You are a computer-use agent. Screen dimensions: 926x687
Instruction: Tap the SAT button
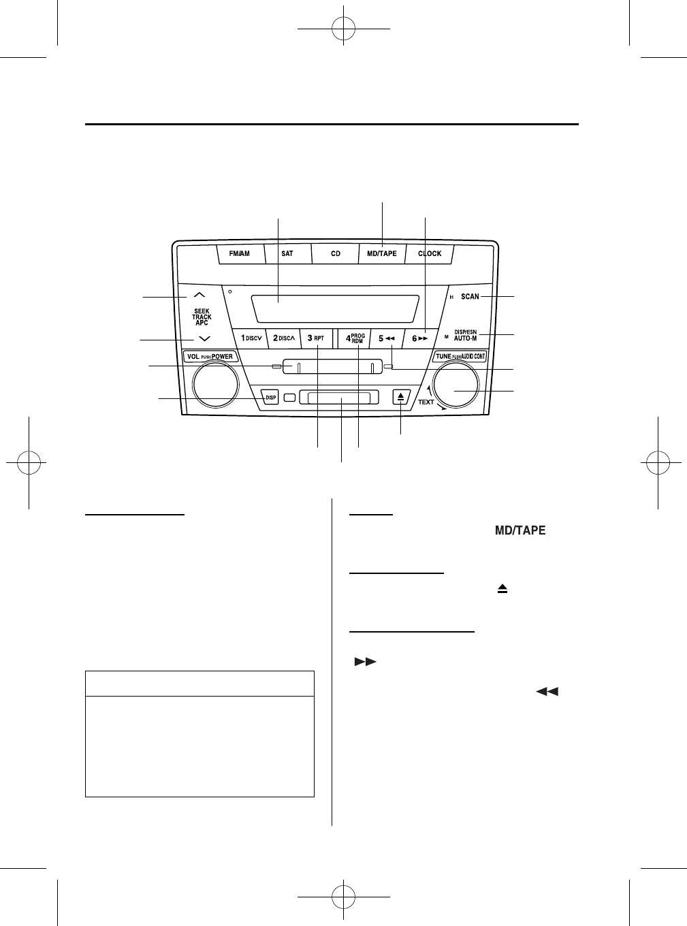tap(287, 254)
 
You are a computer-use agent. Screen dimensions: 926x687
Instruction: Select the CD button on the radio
tap(336, 254)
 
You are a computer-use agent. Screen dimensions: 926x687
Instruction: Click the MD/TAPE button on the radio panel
tap(382, 254)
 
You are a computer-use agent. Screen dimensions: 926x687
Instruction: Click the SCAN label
tap(470, 297)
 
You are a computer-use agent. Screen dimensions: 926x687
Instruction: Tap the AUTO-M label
tap(466, 338)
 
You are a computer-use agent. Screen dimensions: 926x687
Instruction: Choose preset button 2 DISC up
tap(284, 338)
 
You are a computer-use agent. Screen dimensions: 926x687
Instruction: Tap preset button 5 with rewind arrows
tap(386, 338)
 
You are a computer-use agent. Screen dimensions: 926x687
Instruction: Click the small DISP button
tap(271, 398)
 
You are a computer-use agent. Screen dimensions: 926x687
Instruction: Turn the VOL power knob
tap(215, 385)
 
